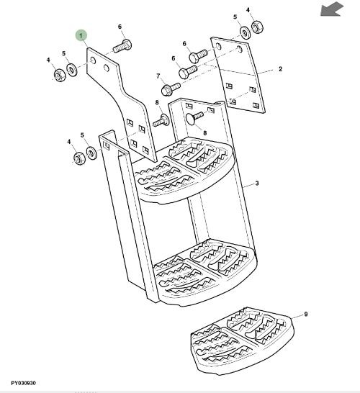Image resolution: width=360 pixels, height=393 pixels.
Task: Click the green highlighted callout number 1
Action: [81, 36]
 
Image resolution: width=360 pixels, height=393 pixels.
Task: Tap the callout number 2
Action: [280, 69]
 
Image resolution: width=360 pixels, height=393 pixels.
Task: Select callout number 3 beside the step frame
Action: [257, 184]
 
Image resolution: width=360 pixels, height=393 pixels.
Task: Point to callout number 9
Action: [305, 315]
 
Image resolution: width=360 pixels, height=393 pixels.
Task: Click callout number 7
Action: [158, 76]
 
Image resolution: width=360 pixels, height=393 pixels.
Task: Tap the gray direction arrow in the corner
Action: [332, 9]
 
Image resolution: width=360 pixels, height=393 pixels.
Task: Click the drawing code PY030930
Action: [23, 383]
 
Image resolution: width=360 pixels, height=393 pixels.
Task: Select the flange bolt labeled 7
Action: [171, 89]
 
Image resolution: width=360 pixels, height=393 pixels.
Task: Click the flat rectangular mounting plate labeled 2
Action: [238, 75]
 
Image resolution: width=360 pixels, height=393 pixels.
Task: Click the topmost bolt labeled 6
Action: [122, 45]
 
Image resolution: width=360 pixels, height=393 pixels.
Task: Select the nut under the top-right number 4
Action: [257, 27]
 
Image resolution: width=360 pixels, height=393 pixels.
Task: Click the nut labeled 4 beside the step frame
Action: [80, 158]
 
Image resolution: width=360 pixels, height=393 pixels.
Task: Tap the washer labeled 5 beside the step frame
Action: [91, 153]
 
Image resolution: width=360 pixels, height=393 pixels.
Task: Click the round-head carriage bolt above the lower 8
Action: [194, 117]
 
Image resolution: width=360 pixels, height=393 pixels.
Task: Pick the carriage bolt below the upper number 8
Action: [161, 120]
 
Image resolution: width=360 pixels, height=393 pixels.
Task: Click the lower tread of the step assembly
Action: [204, 274]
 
